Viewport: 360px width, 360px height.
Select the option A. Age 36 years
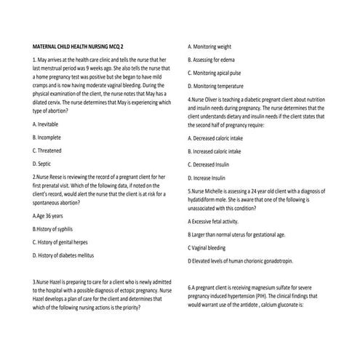tap(48, 216)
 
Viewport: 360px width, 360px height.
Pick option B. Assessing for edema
tap(219, 58)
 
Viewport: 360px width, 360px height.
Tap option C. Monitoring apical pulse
tap(224, 71)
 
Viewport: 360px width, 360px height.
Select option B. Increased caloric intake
tap(223, 151)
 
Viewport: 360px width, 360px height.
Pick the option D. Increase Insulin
tap(212, 177)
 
